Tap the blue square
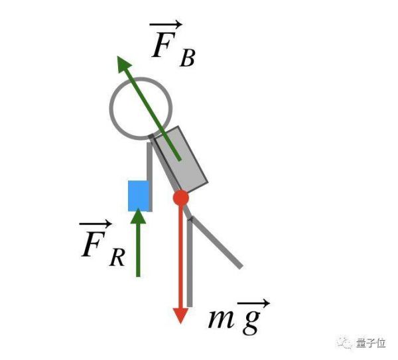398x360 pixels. click(x=138, y=196)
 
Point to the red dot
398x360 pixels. click(x=181, y=198)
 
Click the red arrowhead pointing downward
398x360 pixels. click(x=179, y=315)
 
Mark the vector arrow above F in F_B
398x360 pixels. click(x=162, y=25)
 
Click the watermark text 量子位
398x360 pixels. click(x=371, y=343)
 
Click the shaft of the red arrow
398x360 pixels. click(x=179, y=259)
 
